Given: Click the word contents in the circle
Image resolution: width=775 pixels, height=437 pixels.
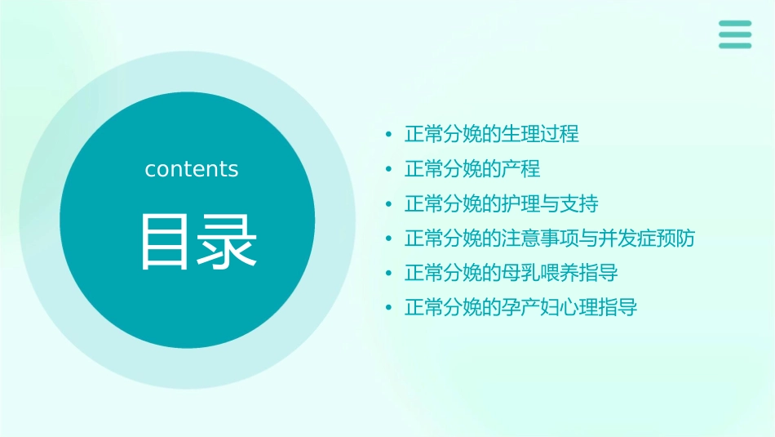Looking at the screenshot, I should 192,169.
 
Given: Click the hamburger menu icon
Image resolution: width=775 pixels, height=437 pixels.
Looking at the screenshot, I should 735,34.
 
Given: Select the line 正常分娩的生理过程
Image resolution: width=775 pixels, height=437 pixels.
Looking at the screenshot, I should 492,134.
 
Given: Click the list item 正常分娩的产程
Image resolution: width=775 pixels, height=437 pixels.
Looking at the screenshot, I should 472,169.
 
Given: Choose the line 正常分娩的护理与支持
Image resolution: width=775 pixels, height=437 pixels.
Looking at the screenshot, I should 502,203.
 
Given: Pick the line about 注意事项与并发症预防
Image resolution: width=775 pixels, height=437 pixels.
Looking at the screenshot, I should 550,239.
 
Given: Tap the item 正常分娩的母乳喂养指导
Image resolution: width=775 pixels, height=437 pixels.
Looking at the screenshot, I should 511,273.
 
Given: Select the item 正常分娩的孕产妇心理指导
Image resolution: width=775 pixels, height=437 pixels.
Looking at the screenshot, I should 521,308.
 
